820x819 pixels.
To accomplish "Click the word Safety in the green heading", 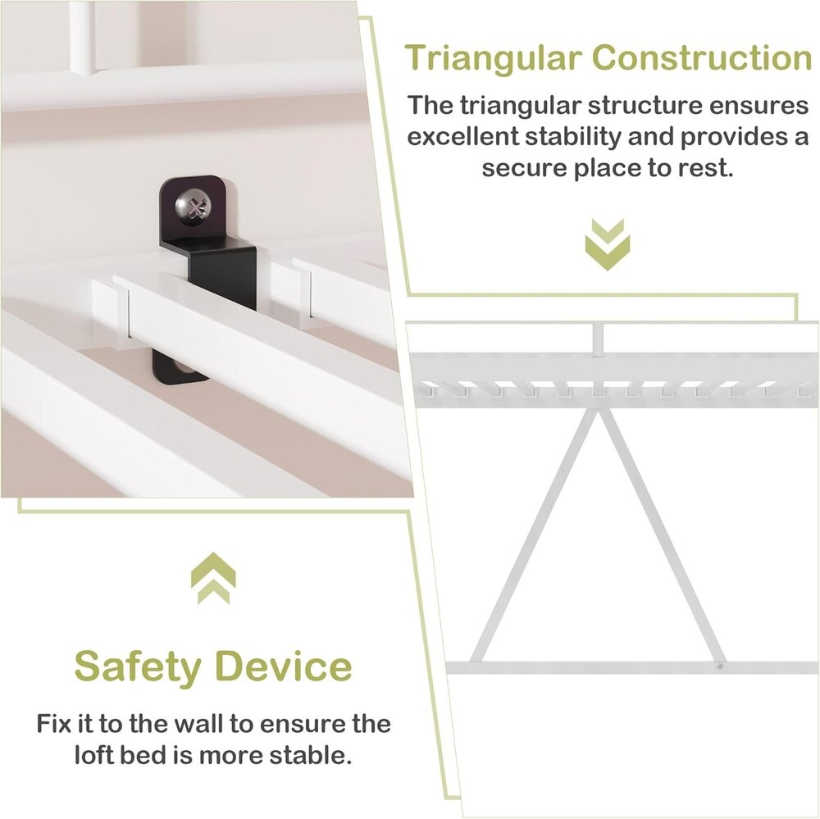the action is [x=138, y=666].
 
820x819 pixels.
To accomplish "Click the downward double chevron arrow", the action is [x=607, y=244].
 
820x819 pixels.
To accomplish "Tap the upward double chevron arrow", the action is [x=213, y=578].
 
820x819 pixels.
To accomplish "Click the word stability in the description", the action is [x=572, y=137].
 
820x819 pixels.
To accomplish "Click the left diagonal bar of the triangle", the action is [x=534, y=536].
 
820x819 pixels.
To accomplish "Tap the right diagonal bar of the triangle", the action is [x=662, y=536].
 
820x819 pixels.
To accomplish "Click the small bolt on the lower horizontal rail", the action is [x=720, y=667].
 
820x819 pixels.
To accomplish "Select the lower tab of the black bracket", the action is [x=177, y=368].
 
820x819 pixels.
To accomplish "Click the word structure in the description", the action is [x=644, y=106].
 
